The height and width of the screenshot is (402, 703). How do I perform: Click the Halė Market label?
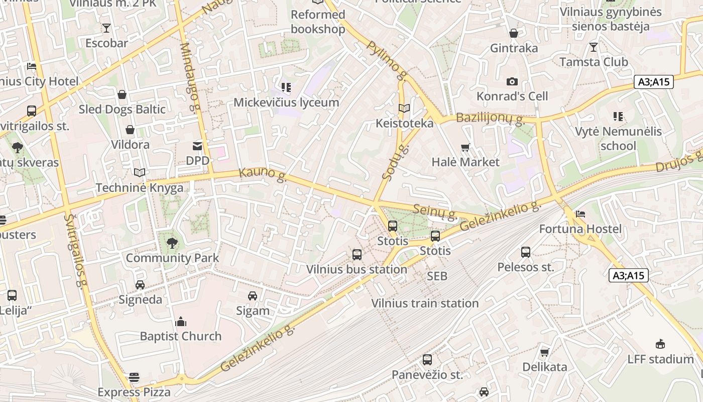point(465,162)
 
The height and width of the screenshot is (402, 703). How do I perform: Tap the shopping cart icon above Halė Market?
point(465,147)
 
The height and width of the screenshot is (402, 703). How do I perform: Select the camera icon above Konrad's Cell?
point(512,81)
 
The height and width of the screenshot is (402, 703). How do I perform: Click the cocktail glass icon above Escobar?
point(106,28)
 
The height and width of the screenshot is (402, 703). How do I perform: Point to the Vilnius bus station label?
point(357,269)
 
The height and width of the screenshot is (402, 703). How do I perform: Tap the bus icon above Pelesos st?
point(526,252)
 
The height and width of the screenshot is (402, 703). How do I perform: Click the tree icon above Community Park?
point(172,243)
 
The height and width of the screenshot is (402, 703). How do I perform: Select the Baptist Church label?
point(180,336)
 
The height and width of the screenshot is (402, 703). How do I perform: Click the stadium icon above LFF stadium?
point(660,344)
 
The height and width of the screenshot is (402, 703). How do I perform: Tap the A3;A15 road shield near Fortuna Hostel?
point(629,275)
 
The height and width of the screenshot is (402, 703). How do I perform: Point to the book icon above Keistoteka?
point(404,109)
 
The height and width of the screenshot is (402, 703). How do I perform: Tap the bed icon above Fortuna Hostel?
point(580,214)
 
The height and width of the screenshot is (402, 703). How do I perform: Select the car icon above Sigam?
point(253,296)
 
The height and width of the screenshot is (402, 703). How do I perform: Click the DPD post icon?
point(197,146)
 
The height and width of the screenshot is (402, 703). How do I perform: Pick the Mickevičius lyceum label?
point(286,103)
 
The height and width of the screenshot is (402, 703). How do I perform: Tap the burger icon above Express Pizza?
point(134,377)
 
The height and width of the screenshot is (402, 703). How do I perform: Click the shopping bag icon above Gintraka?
point(514,33)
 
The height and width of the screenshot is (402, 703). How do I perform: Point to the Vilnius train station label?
point(425,303)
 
